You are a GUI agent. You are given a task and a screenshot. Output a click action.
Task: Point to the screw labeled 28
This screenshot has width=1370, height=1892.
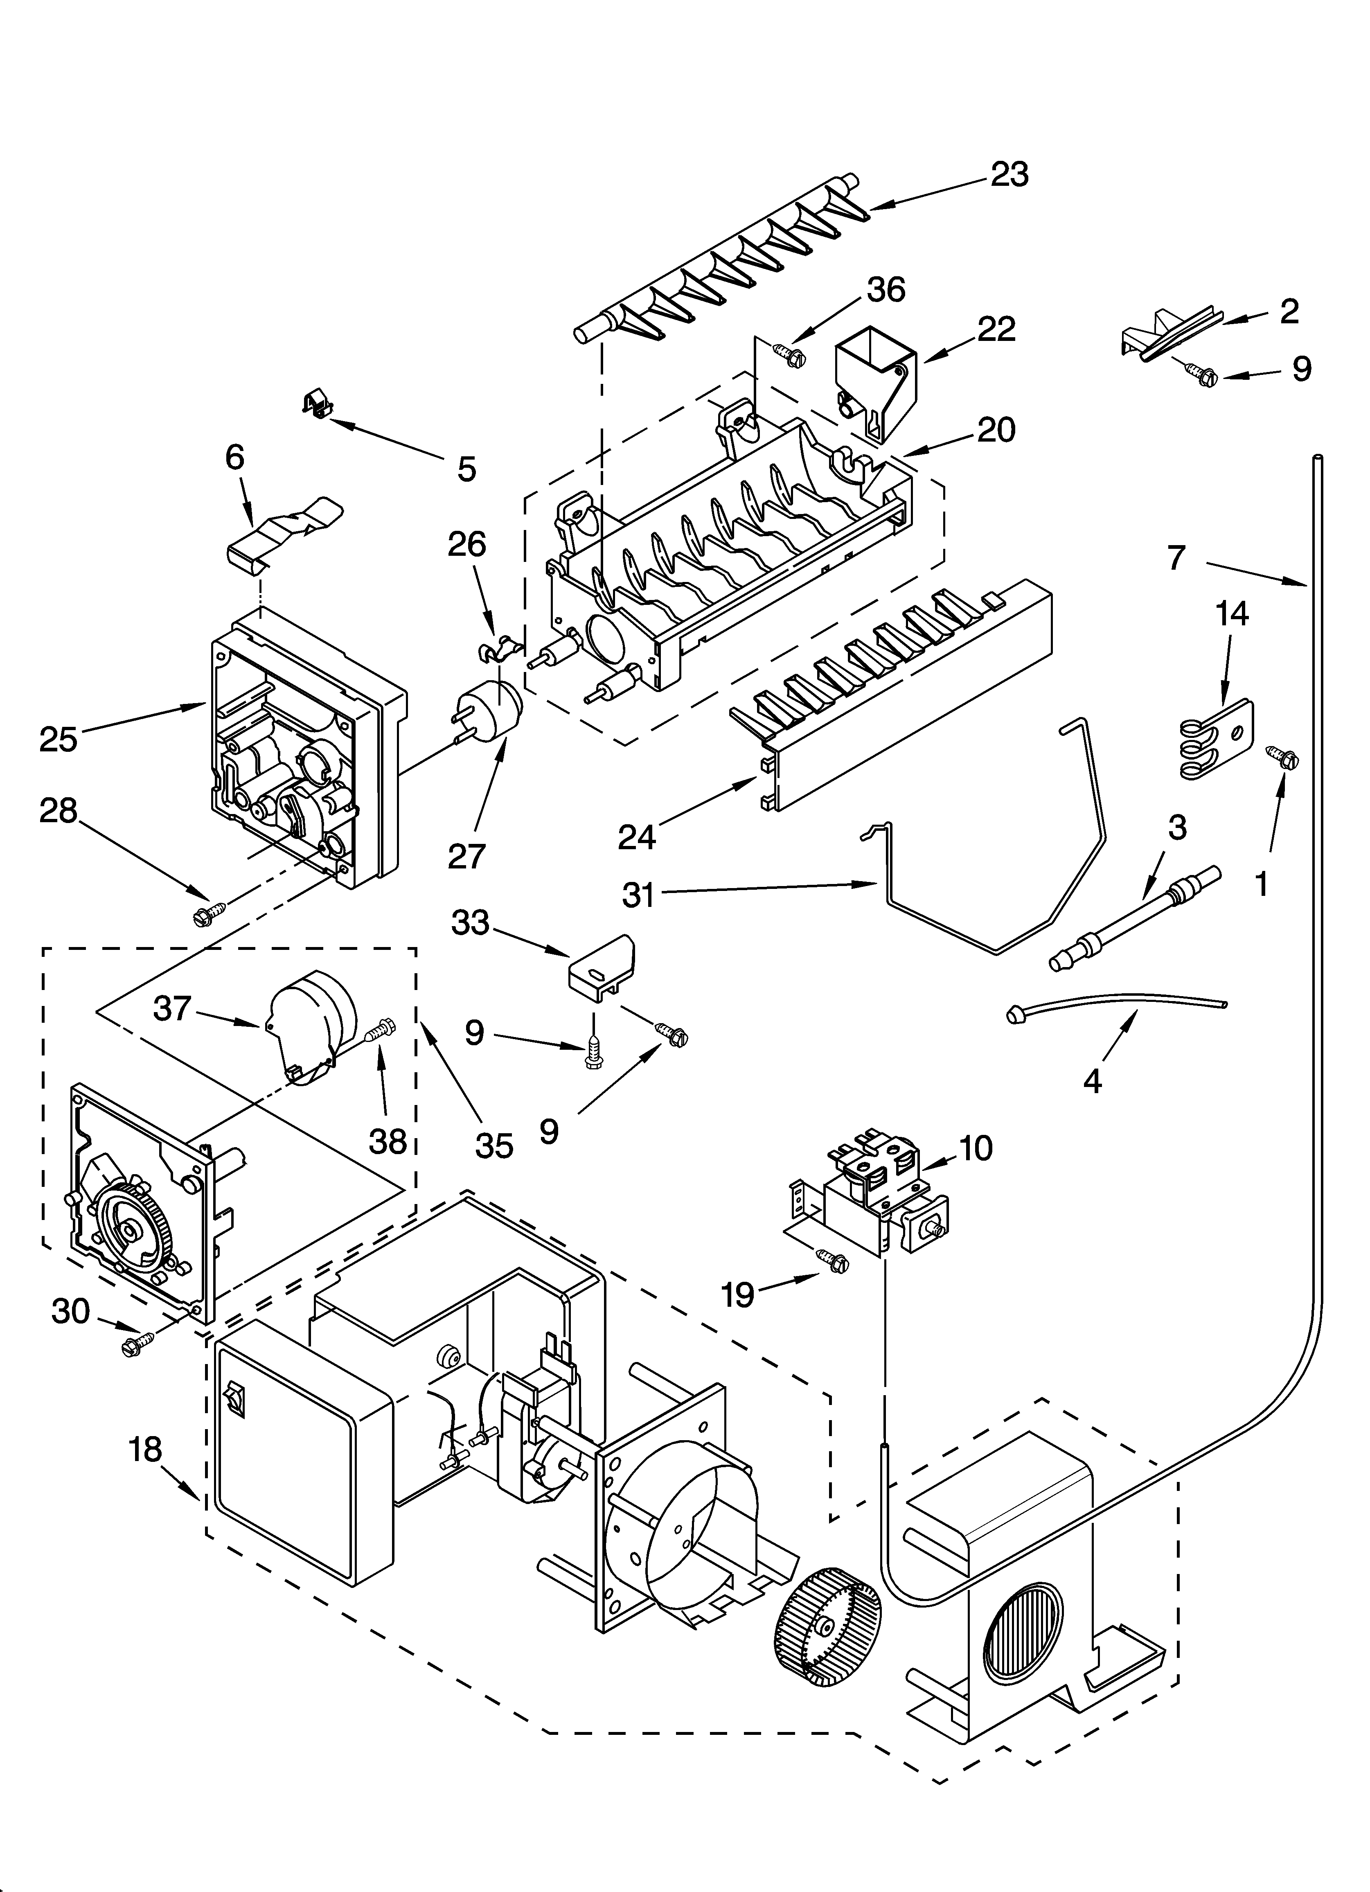tap(210, 912)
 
